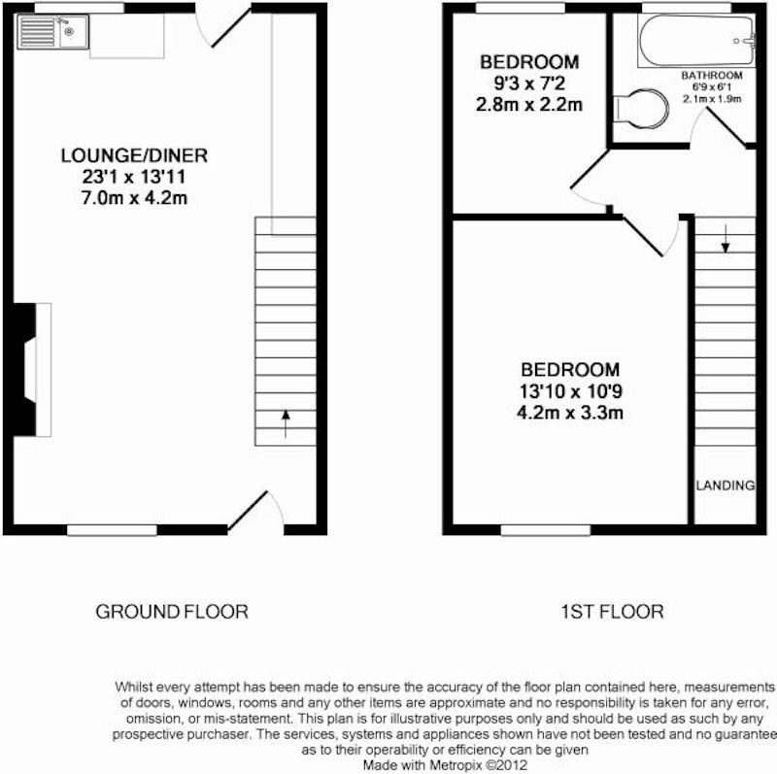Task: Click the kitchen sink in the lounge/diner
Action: tap(53, 32)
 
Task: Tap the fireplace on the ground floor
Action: tap(30, 370)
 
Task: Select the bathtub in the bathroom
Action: tap(696, 41)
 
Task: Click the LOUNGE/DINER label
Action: tap(134, 155)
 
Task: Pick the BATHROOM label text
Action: tap(712, 76)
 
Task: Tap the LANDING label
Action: tap(725, 486)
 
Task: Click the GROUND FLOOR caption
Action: tap(172, 612)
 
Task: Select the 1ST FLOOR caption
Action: tap(612, 612)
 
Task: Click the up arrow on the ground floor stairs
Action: tap(286, 424)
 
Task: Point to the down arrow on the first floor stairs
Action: tap(725, 238)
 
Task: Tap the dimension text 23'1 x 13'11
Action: tap(134, 177)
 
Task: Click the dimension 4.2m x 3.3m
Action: tap(570, 413)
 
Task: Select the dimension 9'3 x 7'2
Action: tap(529, 84)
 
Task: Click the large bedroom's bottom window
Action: tap(546, 530)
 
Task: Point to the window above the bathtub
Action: tap(687, 8)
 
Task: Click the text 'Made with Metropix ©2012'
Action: tap(445, 765)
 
